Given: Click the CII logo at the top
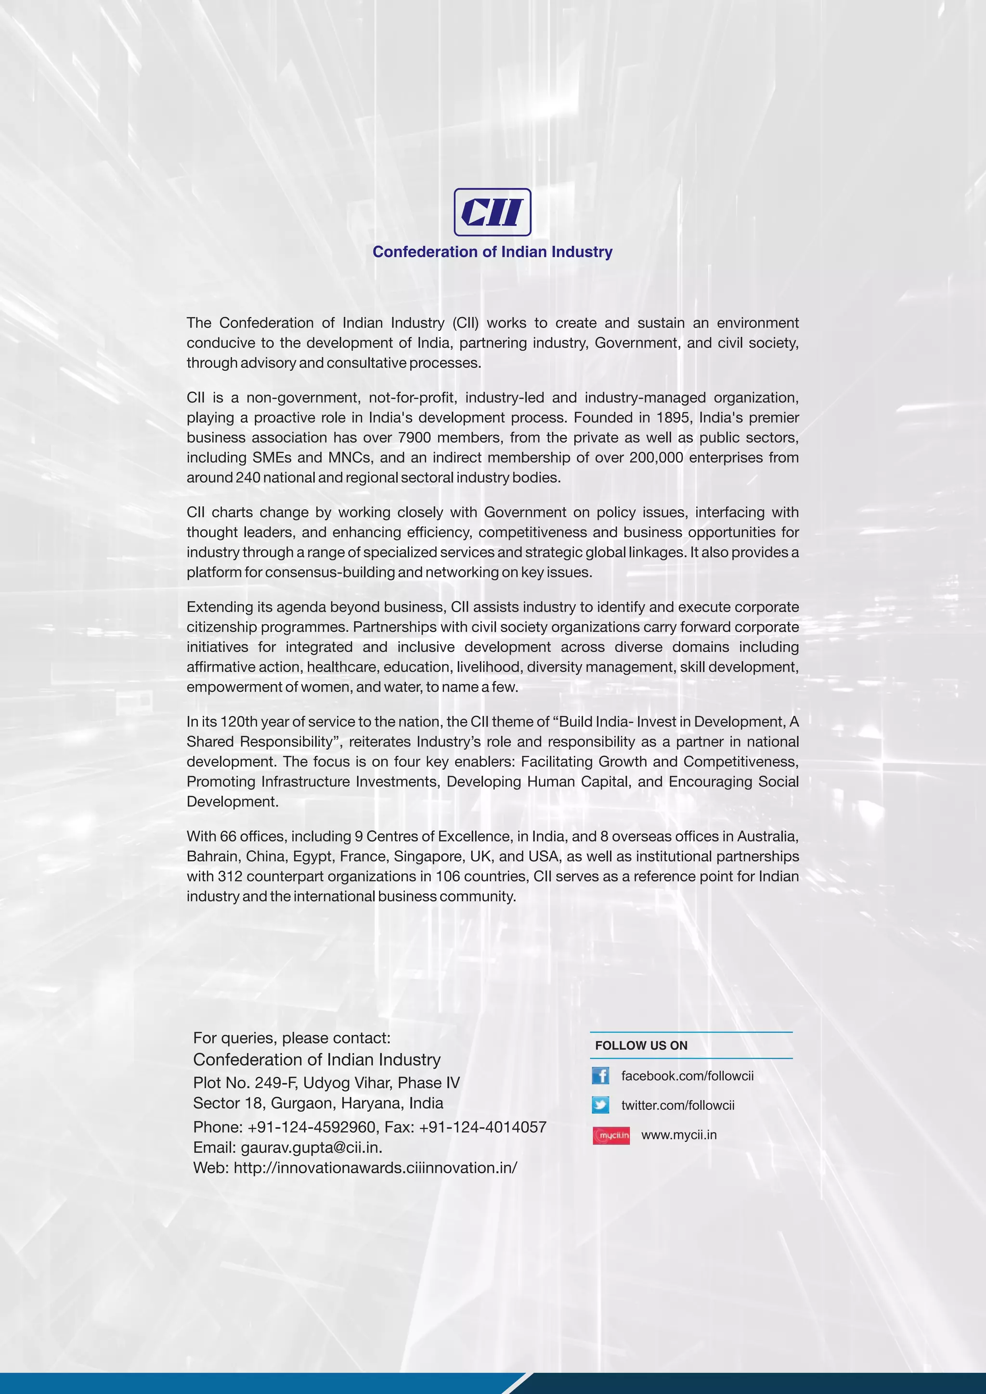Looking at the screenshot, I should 493,212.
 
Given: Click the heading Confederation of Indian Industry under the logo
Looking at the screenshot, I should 493,252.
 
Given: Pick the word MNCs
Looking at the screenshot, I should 350,458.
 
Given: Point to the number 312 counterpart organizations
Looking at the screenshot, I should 230,877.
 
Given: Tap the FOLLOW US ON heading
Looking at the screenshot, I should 641,1045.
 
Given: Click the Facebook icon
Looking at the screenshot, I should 600,1076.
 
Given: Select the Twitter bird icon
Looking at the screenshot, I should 600,1105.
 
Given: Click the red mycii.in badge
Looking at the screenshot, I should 611,1135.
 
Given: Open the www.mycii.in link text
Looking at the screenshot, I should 679,1135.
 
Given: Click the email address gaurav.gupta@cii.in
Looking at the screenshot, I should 311,1148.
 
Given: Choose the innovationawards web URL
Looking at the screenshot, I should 375,1168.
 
